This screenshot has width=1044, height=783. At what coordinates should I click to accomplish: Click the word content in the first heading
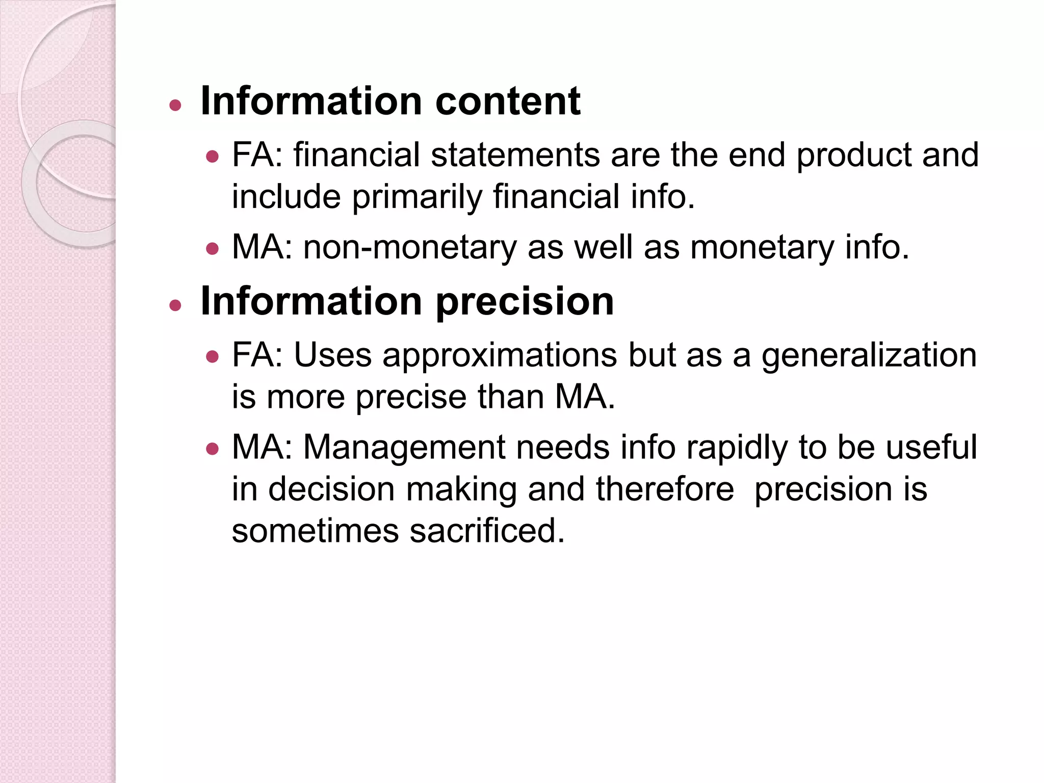point(508,101)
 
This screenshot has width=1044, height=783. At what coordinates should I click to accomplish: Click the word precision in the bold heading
point(525,302)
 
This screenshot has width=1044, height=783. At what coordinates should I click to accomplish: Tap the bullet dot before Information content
point(175,106)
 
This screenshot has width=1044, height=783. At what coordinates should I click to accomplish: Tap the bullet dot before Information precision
point(175,306)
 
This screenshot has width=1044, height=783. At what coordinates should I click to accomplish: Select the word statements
point(515,155)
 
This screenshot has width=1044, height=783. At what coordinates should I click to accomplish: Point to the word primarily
point(416,197)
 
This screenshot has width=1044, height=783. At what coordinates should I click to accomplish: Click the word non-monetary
point(410,248)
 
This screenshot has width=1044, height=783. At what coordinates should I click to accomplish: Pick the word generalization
point(869,356)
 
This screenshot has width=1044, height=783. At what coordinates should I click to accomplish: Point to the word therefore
point(665,489)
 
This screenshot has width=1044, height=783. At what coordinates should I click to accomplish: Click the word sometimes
point(315,531)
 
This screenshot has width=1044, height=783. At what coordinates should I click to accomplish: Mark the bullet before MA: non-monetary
point(212,249)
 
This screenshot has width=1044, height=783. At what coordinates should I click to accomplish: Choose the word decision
point(331,489)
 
